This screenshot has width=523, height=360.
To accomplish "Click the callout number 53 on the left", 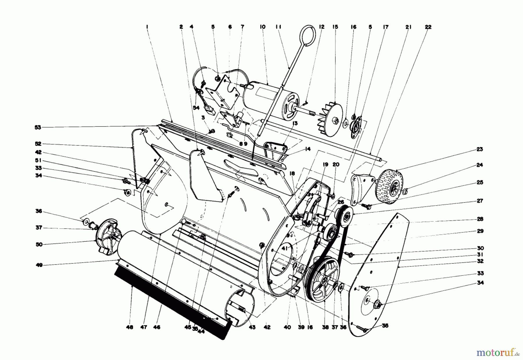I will point(38,127).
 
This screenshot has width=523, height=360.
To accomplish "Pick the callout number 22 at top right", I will point(428,27).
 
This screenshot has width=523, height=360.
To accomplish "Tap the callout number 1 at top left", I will point(147,27).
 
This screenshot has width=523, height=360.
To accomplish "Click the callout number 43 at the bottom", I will point(252,327).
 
